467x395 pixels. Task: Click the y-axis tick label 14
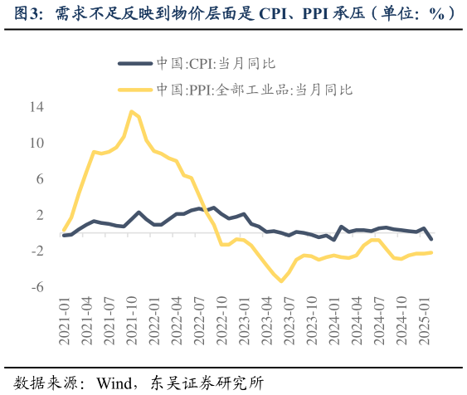[36, 107]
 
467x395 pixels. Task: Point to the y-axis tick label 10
[36, 143]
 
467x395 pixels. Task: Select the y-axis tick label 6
[39, 179]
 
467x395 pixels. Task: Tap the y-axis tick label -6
[37, 287]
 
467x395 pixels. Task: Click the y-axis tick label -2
[37, 251]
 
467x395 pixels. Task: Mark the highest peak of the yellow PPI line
[132, 111]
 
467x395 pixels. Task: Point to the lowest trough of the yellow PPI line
[281, 281]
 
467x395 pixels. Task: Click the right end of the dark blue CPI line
[431, 239]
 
